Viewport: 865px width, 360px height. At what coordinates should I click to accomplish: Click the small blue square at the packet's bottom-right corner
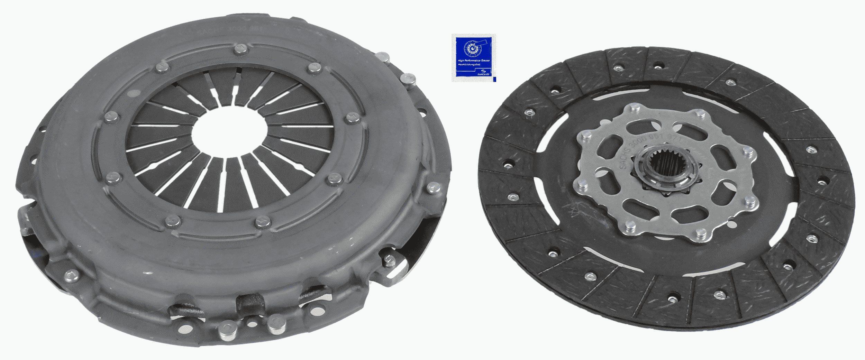pyautogui.click(x=494, y=80)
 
